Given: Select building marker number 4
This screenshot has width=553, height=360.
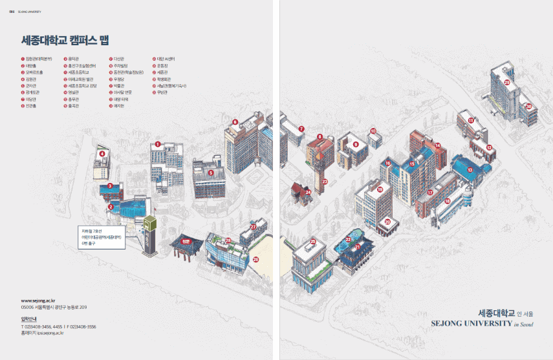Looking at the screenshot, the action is click(102, 153).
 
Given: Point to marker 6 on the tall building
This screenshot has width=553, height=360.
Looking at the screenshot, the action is click(235, 122).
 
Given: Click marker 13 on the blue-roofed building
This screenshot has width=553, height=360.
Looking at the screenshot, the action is click(470, 169).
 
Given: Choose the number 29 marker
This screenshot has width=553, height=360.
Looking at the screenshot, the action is click(507, 83).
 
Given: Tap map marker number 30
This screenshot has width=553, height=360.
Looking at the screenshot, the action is click(528, 107).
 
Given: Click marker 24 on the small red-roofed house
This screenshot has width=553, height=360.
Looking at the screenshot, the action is click(309, 191).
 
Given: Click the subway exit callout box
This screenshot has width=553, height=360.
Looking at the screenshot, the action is click(103, 238).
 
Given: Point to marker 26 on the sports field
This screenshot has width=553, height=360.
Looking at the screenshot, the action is click(255, 259).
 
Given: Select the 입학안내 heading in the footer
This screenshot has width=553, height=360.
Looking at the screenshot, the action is click(30, 319).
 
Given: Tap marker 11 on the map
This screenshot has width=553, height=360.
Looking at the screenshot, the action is click(471, 120).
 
